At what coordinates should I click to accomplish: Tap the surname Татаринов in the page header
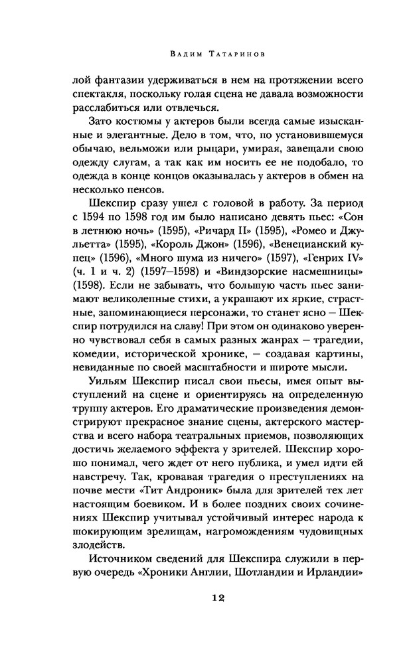tap(242, 52)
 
